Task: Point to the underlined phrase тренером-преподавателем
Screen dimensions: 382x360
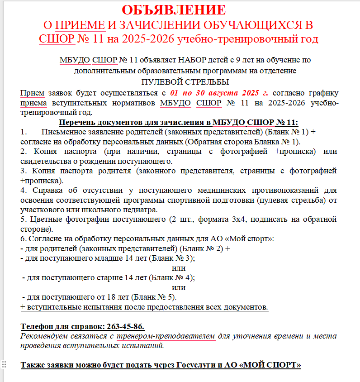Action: click(166, 336)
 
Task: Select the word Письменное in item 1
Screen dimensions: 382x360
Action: click(62, 132)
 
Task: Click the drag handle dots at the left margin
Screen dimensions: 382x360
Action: click(4, 364)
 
